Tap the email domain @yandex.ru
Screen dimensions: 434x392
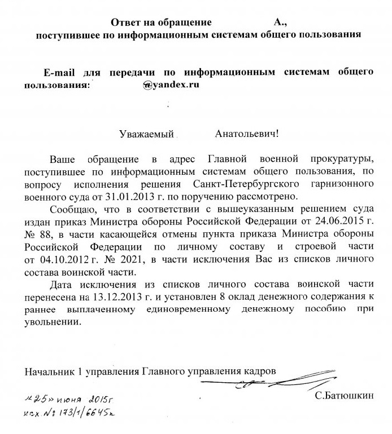172,85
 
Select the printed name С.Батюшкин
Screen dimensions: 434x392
344,397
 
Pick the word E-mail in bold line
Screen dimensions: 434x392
60,73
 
